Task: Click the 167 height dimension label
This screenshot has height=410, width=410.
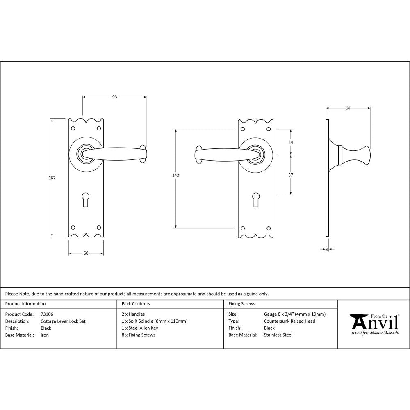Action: [x=52, y=178]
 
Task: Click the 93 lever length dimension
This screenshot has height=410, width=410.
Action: [x=114, y=97]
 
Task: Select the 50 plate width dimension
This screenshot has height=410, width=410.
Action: [x=86, y=253]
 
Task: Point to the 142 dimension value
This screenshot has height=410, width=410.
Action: [x=175, y=175]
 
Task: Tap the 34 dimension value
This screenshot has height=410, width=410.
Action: [x=291, y=142]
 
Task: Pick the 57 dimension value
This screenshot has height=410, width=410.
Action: [x=291, y=175]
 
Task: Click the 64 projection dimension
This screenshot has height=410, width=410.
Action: [x=348, y=108]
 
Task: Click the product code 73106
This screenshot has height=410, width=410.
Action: [x=47, y=314]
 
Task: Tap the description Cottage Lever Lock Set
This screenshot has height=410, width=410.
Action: [x=63, y=321]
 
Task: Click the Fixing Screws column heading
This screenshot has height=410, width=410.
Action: [x=241, y=304]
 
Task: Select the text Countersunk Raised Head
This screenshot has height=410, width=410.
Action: [x=290, y=321]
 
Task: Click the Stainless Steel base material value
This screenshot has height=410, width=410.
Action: [x=278, y=335]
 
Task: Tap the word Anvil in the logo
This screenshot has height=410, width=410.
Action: [x=374, y=323]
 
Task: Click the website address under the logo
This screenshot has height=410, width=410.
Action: [x=375, y=333]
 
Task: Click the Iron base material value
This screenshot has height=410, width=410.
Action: [x=45, y=335]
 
